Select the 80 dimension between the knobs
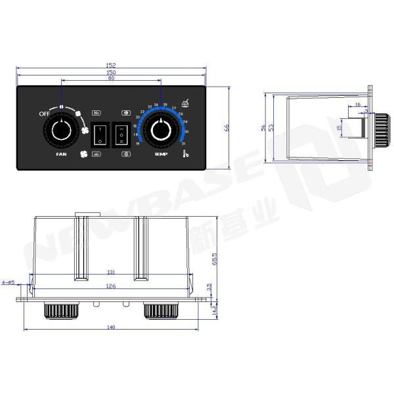110,79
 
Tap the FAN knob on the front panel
61,131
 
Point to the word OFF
45,114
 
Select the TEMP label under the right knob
161,154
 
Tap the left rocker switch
100,134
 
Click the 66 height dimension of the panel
227,129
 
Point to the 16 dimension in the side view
357,104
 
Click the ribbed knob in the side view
380,128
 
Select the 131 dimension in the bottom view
112,273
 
